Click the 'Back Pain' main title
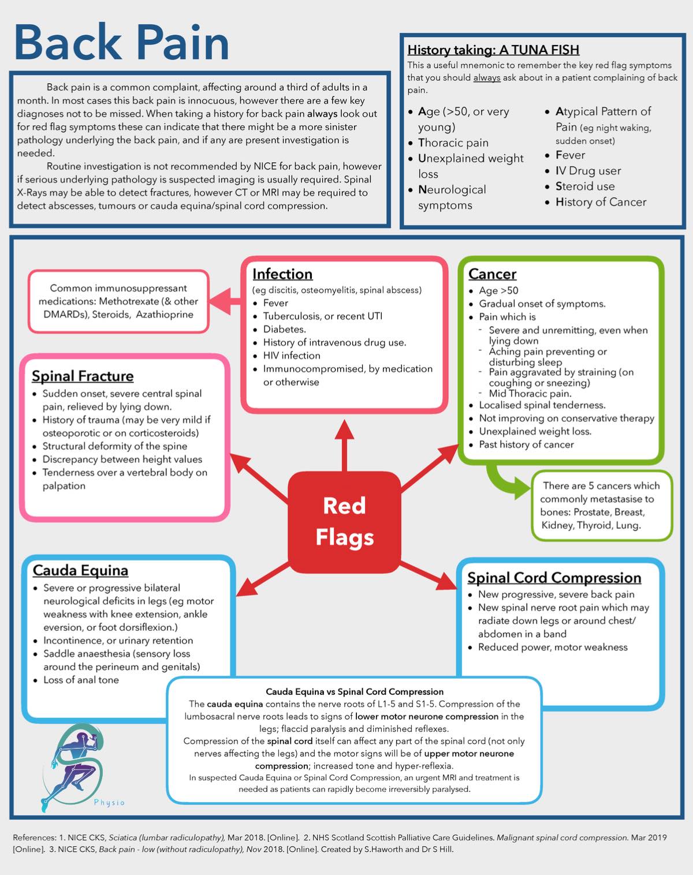pos(122,42)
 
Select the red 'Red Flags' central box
pos(344,522)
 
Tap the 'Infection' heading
pos(282,274)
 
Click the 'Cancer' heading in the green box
pos(492,274)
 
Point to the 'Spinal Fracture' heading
pos(83,376)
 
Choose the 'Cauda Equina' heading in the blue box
pos(81,570)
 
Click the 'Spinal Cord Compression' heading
pos(554,578)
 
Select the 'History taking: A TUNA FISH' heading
pos(493,50)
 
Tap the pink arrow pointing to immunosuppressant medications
pos(225,301)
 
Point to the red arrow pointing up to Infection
pos(344,446)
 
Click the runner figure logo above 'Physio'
pos(73,767)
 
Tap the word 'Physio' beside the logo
pos(109,803)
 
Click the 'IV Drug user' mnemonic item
pos(588,171)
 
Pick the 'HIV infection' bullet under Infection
pos(292,356)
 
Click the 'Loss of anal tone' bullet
pos(81,680)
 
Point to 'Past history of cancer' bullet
pos(526,444)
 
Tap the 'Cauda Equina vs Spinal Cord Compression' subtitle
pos(355,691)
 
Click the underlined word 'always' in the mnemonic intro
pos(487,78)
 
